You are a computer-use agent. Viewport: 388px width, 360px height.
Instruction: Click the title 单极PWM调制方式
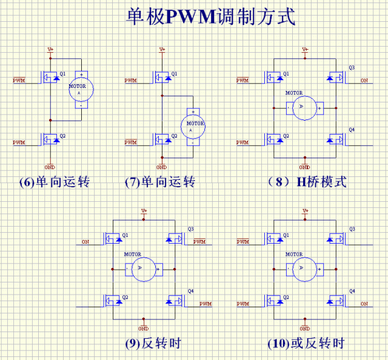(x=211, y=16)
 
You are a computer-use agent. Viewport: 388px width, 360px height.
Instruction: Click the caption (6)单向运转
(x=55, y=182)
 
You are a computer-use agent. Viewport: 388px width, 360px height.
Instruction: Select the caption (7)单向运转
(x=160, y=182)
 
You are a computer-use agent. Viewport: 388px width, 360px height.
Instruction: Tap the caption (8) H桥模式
(x=307, y=182)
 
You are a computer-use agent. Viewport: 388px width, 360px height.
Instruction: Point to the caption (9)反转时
(x=153, y=344)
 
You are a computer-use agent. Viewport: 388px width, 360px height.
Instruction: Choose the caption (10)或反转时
(x=306, y=344)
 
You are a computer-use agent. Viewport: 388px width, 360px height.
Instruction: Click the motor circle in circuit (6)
(x=81, y=90)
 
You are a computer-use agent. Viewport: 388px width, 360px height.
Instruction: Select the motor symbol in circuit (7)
(x=193, y=127)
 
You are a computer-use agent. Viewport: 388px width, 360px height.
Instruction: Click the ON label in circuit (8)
(x=364, y=81)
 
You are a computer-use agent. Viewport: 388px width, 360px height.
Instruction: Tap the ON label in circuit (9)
(x=85, y=242)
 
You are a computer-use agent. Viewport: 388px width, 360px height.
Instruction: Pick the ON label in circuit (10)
(x=364, y=304)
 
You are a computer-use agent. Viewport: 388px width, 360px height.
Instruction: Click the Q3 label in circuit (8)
(x=352, y=67)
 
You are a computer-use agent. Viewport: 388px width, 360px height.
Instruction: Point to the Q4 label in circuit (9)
(x=190, y=291)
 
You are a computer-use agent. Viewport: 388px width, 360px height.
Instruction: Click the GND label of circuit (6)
(x=50, y=167)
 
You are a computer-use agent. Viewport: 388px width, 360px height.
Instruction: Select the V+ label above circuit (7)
(x=162, y=49)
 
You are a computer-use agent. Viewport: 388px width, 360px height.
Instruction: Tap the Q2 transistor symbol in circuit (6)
(x=50, y=139)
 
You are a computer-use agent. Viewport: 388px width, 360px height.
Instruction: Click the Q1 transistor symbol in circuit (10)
(x=274, y=239)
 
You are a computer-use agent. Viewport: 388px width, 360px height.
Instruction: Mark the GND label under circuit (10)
(x=305, y=328)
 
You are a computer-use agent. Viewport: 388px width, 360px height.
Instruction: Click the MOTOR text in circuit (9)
(x=133, y=254)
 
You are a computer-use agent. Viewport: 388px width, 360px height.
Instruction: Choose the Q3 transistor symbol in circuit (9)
(x=175, y=239)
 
